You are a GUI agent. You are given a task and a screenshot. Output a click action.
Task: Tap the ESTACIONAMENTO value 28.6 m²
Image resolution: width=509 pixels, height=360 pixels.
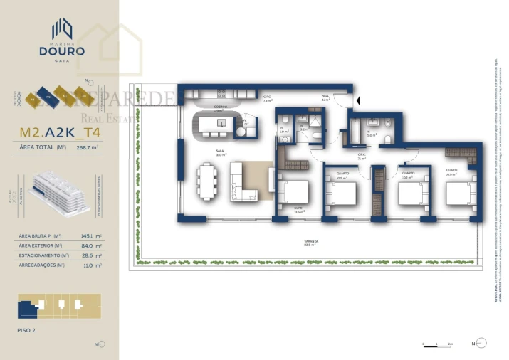point(90,255)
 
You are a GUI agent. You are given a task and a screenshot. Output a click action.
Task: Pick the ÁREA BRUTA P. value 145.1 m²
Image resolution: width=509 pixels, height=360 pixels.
point(90,235)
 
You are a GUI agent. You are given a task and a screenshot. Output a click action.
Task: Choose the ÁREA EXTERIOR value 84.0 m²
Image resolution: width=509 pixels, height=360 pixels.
point(90,245)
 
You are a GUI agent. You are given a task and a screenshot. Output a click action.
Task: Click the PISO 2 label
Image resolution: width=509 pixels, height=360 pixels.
point(26,330)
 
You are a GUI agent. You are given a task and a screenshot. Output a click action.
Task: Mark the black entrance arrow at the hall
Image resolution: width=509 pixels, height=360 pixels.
point(358,103)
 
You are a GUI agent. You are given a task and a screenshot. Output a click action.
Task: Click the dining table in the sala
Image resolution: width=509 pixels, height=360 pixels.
point(207,182)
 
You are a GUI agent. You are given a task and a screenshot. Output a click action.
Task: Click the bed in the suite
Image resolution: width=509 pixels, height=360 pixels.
point(293,194)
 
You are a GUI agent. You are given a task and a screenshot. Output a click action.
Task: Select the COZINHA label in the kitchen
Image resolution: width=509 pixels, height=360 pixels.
point(219,107)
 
